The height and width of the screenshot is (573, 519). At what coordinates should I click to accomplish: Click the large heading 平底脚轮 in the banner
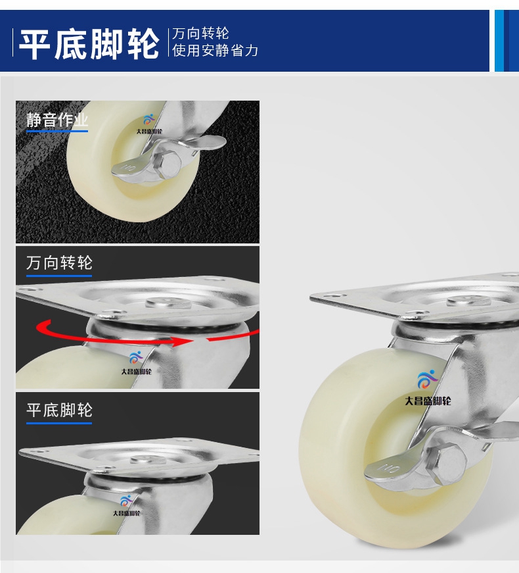click(89, 45)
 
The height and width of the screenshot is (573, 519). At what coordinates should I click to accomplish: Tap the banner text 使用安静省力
click(215, 51)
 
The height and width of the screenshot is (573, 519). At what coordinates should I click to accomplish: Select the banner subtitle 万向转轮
click(200, 34)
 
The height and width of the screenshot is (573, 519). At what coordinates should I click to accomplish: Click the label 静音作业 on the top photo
click(57, 120)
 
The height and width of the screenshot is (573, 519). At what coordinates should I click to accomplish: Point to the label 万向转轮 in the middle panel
click(59, 262)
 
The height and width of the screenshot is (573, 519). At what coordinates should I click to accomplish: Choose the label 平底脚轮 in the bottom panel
click(59, 410)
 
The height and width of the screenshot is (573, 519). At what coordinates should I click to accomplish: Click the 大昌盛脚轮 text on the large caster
click(428, 401)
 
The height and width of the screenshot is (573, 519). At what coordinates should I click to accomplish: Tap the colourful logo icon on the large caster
click(428, 380)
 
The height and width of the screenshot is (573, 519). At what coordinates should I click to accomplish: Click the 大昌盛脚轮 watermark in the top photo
click(149, 131)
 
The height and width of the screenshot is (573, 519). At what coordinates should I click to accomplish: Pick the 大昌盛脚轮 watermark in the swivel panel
click(136, 372)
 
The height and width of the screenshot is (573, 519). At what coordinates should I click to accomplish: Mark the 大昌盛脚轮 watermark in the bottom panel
click(126, 513)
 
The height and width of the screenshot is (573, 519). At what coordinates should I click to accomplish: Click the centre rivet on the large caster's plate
click(468, 301)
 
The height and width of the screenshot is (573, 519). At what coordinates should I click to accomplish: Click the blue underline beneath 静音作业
click(57, 131)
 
